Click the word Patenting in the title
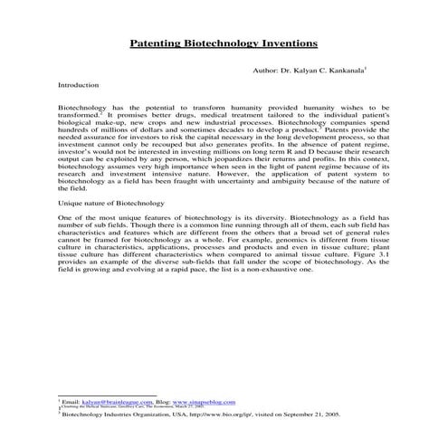(157, 43)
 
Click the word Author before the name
(267, 70)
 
